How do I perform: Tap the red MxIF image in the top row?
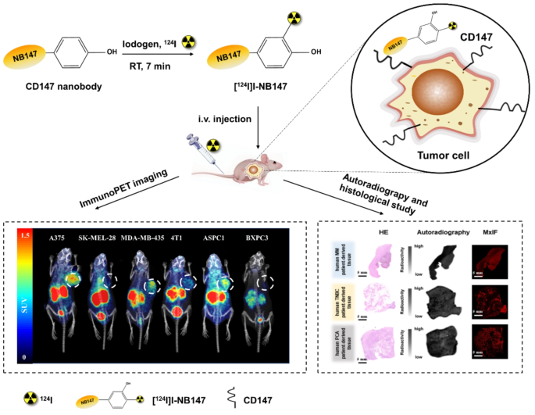(x=490, y=259)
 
